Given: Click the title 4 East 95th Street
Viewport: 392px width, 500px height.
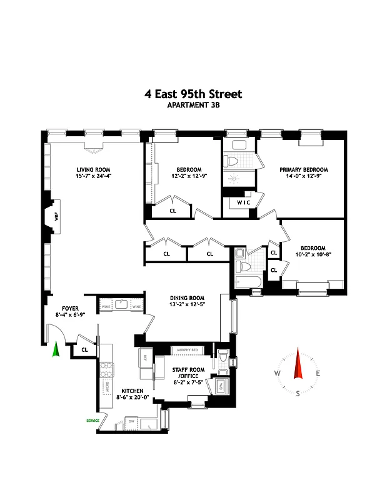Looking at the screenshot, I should (x=193, y=94).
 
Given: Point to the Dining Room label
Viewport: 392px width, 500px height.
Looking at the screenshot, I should (x=188, y=297).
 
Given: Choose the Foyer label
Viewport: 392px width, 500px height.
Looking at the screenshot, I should (x=69, y=308).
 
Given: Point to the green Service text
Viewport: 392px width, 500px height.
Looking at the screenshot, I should (x=93, y=421).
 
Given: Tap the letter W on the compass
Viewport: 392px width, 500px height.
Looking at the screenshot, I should (x=277, y=374).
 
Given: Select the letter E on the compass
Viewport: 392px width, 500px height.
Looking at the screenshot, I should (x=318, y=374).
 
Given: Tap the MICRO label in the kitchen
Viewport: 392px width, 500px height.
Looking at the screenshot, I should (x=106, y=388).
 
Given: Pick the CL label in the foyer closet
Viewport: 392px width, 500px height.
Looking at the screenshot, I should (x=84, y=349).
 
